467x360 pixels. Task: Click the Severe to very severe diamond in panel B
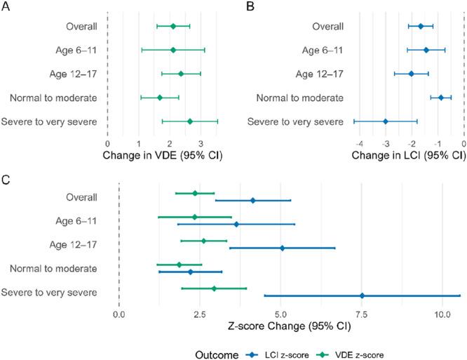point(386,121)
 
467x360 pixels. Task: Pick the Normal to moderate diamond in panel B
point(440,98)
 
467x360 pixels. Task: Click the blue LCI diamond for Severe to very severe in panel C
point(362,295)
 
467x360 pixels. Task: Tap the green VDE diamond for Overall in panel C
point(195,193)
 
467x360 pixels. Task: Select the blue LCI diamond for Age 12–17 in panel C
point(282,248)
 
